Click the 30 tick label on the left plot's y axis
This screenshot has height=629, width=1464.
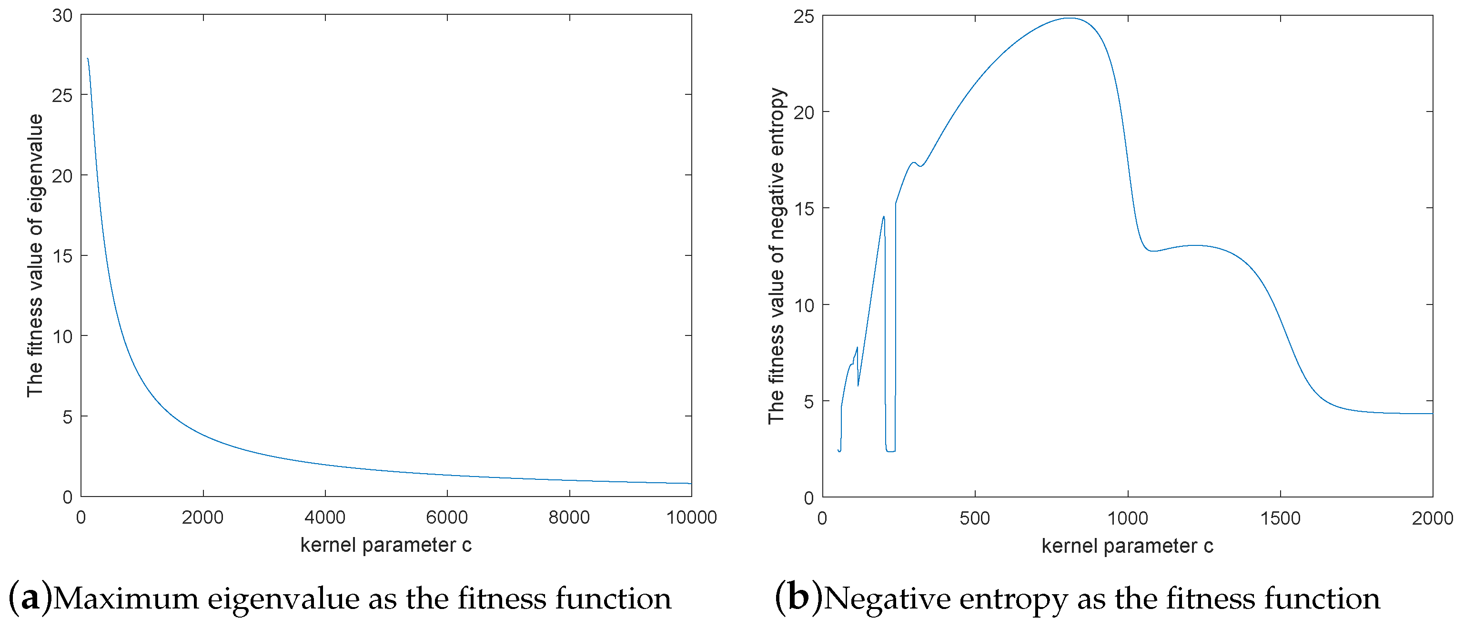62,16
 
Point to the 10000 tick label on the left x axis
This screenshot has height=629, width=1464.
691,517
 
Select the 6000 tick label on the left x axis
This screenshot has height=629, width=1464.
447,517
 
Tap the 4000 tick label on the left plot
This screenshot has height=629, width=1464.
324,517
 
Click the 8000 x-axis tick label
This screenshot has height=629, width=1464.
569,517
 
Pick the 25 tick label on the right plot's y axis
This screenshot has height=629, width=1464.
804,17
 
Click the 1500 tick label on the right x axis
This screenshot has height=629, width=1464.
1281,518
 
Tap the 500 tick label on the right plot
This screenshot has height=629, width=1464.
975,518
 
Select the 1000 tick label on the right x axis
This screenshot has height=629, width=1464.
1128,518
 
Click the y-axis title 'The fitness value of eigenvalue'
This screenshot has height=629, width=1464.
35,256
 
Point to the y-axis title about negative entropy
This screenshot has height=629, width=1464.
777,256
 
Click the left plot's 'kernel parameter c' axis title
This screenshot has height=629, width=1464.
386,545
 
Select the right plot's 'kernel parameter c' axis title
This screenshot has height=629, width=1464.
1128,546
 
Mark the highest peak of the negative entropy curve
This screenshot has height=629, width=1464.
1070,18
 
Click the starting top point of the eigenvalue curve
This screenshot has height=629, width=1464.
88,59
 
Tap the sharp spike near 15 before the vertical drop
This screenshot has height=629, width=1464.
884,216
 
